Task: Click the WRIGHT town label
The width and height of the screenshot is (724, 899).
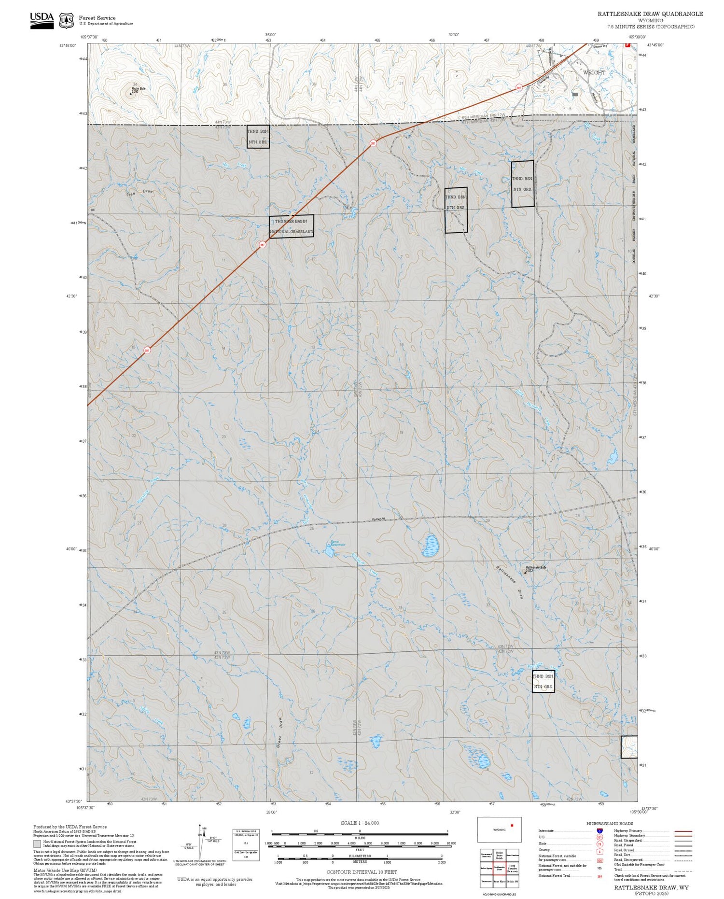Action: pos(594,72)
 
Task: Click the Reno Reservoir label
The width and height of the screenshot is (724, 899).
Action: pos(337,543)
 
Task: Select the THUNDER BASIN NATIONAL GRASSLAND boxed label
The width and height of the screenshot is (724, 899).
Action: pos(292,226)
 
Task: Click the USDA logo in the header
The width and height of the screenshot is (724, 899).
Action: pos(42,20)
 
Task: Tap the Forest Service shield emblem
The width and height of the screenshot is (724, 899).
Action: pos(66,21)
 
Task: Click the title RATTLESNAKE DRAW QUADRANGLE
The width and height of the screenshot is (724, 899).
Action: pos(650,14)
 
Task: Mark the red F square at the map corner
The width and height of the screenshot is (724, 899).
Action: pos(627,45)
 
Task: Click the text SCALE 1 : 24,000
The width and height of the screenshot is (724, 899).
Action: pos(360,823)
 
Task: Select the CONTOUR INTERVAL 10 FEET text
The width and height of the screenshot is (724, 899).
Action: pos(362,872)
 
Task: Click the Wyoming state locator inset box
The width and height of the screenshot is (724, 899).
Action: pos(500,829)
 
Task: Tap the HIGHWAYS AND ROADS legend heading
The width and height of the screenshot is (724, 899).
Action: pos(610,823)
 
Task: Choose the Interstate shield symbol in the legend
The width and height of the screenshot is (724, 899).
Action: pos(599,830)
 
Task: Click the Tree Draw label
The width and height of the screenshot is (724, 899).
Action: pos(139,193)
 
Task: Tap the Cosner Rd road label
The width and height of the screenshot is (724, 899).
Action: pos(378,520)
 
